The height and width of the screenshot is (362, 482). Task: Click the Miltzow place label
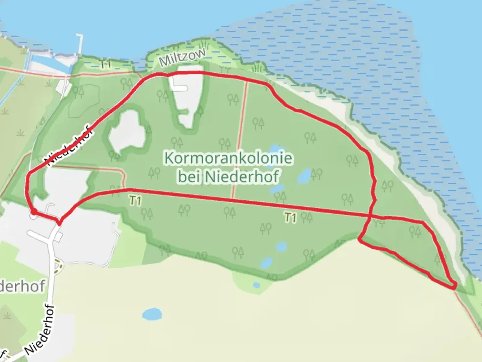(x=182, y=58)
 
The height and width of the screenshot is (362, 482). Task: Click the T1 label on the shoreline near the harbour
(x=105, y=64)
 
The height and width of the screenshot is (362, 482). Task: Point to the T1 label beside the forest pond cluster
(x=290, y=218)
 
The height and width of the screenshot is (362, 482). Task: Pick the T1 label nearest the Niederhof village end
(x=135, y=201)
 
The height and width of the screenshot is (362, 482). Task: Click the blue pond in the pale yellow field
(x=152, y=314)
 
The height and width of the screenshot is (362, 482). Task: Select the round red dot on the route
(x=34, y=211)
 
